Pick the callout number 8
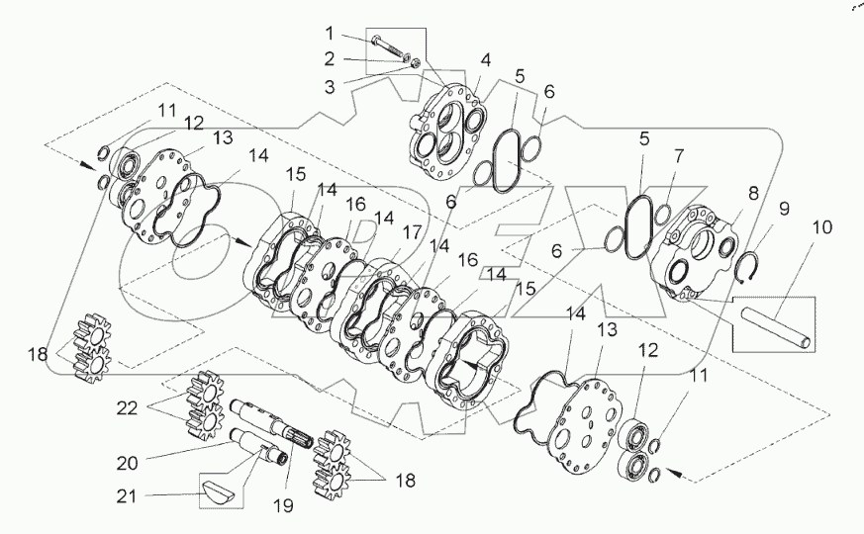tap(753, 193)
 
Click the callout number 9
tap(784, 209)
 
